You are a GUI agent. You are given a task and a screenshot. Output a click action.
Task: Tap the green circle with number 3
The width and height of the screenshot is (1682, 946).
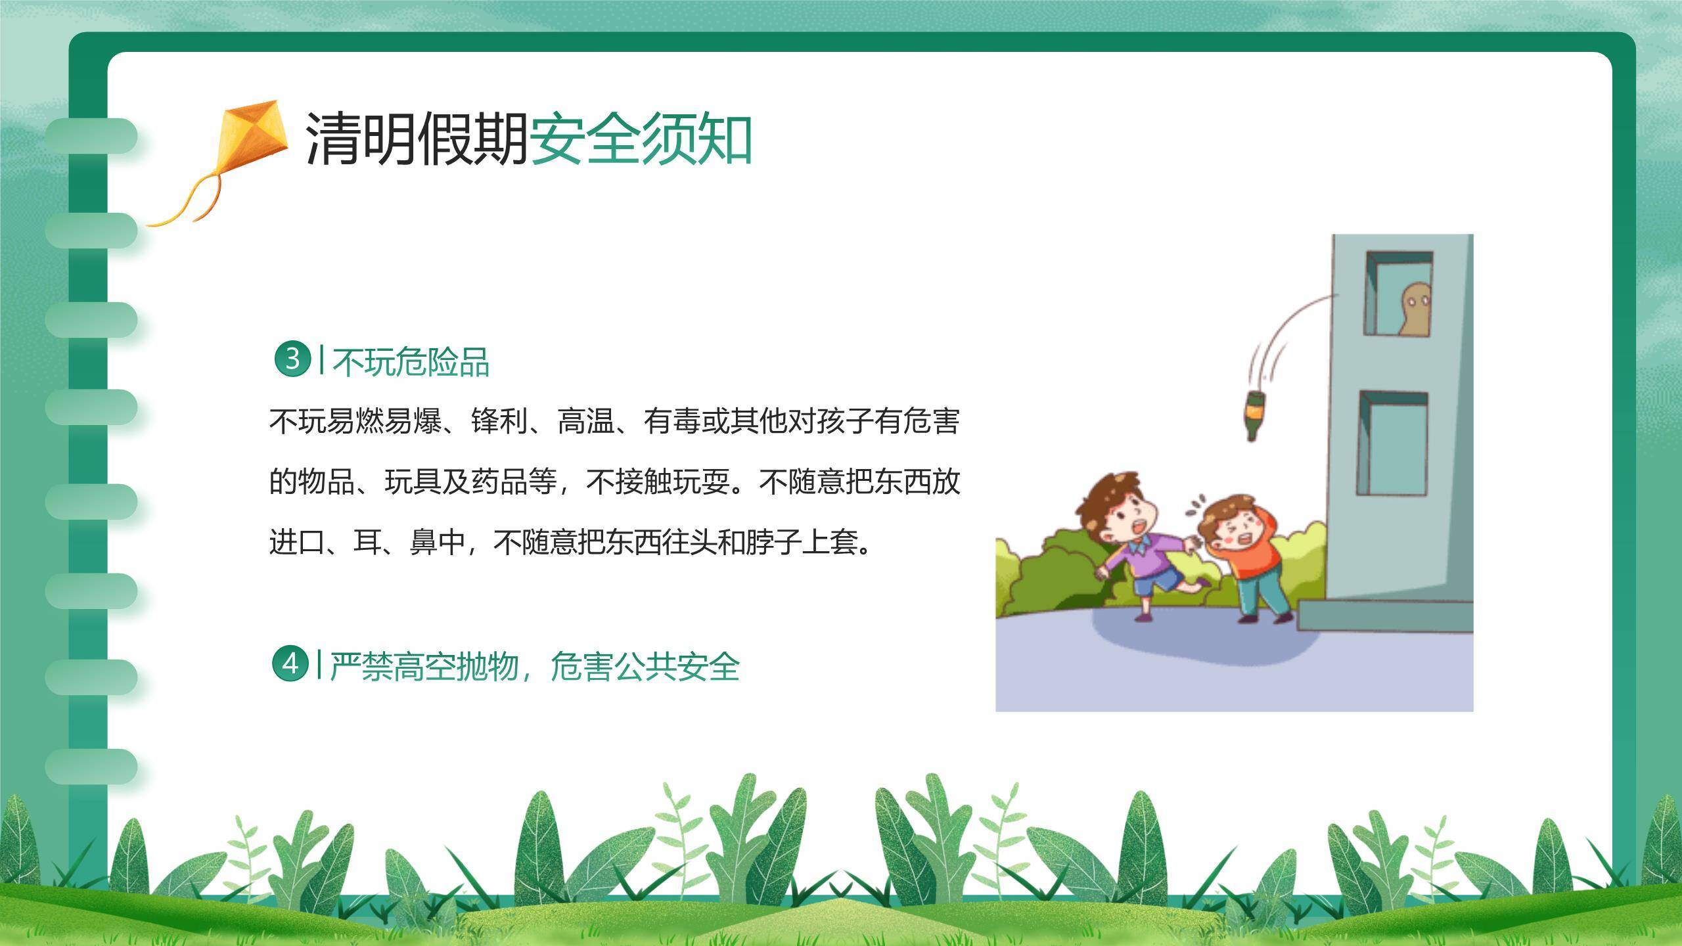pyautogui.click(x=292, y=359)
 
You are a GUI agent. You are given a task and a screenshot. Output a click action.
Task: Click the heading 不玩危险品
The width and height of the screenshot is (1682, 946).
pyautogui.click(x=411, y=362)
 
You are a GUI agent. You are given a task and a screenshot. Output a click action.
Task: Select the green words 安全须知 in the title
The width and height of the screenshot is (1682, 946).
pyautogui.click(x=641, y=139)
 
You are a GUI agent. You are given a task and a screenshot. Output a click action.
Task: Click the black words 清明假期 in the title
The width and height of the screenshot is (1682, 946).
pyautogui.click(x=417, y=139)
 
